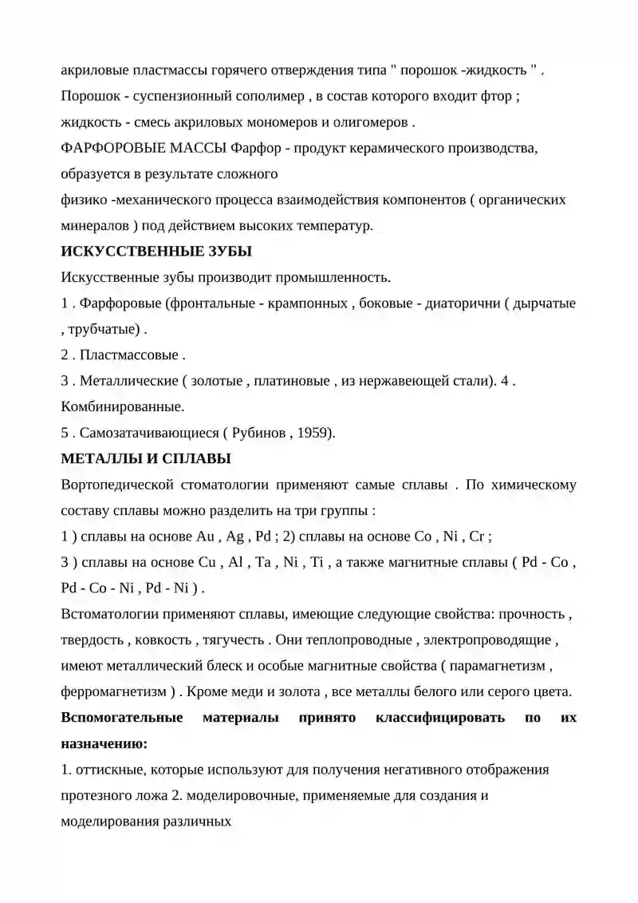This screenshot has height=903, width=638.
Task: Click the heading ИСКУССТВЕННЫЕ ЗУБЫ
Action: pyautogui.click(x=156, y=251)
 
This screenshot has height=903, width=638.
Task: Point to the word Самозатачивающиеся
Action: pyautogui.click(x=148, y=433)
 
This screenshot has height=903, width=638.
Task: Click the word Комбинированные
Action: pyautogui.click(x=122, y=406)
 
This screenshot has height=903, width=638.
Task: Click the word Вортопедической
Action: pyautogui.click(x=117, y=485)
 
